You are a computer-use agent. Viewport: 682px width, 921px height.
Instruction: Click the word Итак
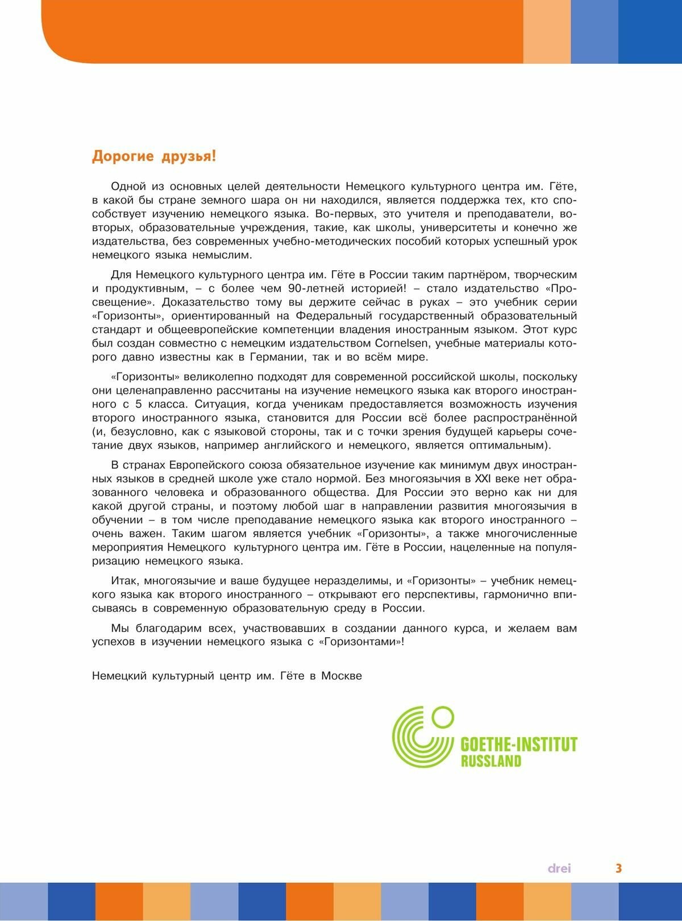tap(124, 581)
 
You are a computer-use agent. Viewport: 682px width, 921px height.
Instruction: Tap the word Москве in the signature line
tap(342, 676)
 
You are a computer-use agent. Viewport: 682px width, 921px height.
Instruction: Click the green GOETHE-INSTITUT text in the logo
tap(518, 745)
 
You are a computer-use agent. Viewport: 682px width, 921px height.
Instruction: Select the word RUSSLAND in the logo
tap(490, 761)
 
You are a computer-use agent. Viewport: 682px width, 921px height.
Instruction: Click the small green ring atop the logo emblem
tap(440, 715)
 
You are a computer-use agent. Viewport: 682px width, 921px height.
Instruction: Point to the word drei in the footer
tap(559, 868)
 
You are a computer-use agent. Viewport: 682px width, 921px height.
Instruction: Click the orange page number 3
tap(619, 868)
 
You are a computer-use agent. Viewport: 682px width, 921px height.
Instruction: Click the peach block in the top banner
tap(547, 31)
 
